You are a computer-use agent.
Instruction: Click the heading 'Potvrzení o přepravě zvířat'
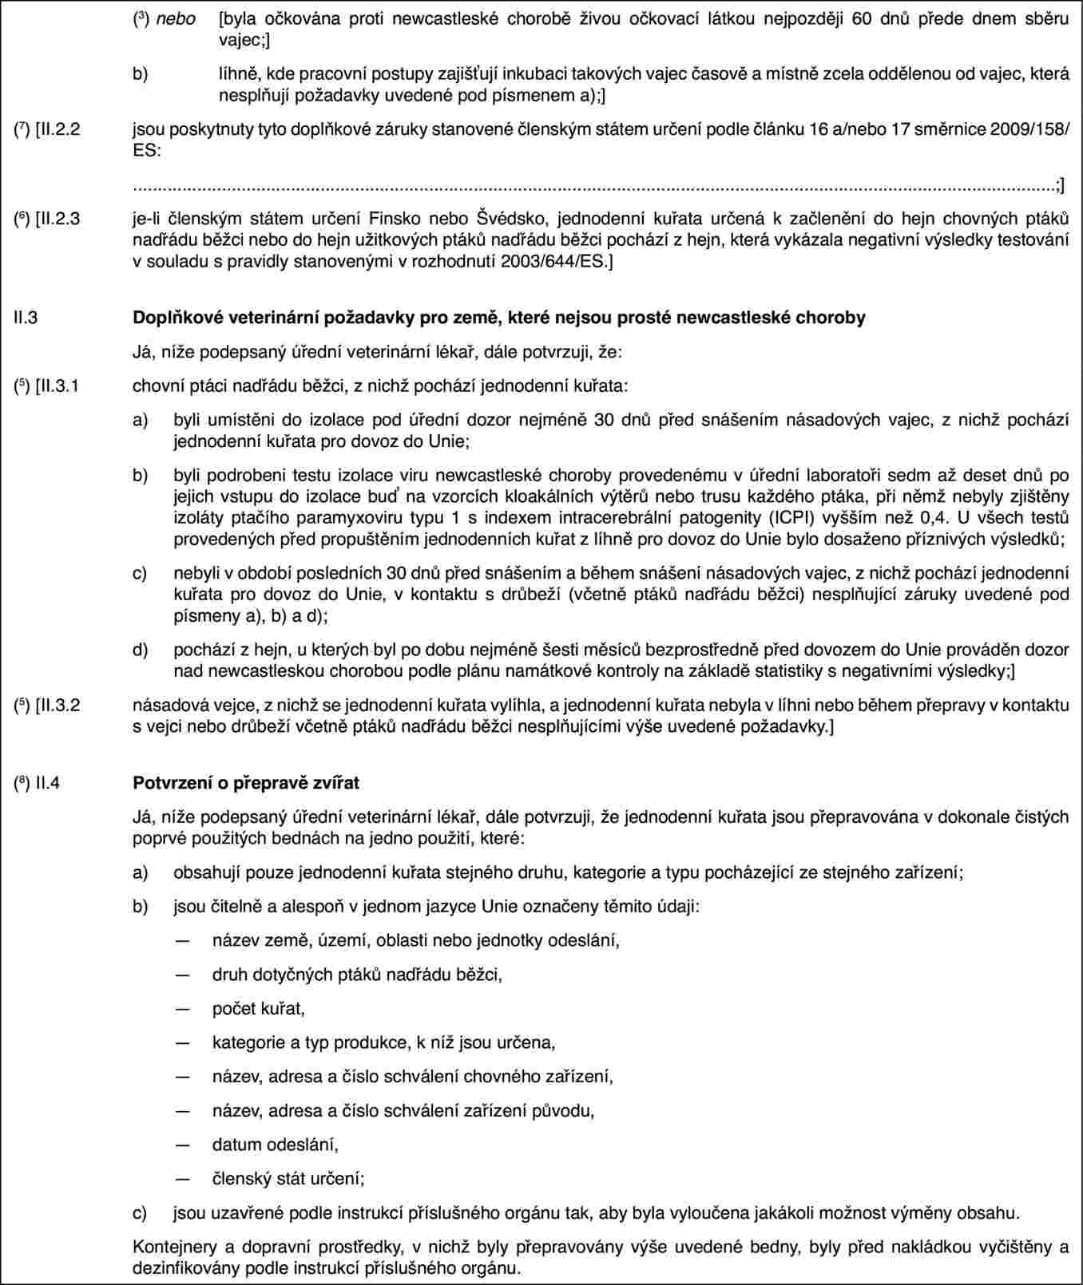[x=245, y=783]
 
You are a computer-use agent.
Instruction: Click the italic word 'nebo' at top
[x=176, y=18]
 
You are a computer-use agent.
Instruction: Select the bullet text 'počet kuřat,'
[x=258, y=1009]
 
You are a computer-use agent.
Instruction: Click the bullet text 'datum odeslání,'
[x=275, y=1145]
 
